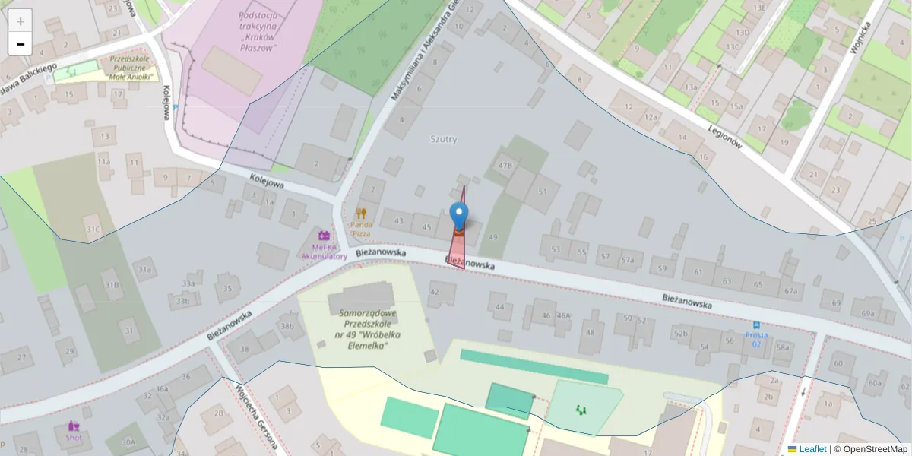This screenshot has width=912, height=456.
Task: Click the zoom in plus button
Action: (x=21, y=21)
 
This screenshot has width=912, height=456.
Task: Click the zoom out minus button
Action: (x=21, y=44)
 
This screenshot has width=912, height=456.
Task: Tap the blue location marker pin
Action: (x=459, y=216)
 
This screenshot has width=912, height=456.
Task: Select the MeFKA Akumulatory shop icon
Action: (x=324, y=236)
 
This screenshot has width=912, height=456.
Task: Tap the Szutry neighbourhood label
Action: (x=444, y=139)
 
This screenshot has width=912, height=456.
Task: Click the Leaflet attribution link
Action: (x=812, y=449)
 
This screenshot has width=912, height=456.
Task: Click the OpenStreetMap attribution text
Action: (x=870, y=449)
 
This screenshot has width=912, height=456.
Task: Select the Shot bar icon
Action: (x=74, y=426)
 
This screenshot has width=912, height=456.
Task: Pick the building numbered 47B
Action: (x=505, y=165)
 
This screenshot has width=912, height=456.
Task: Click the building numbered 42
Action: (x=435, y=291)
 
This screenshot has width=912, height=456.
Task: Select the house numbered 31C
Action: (x=93, y=229)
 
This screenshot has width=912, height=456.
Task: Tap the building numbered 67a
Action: (x=790, y=290)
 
